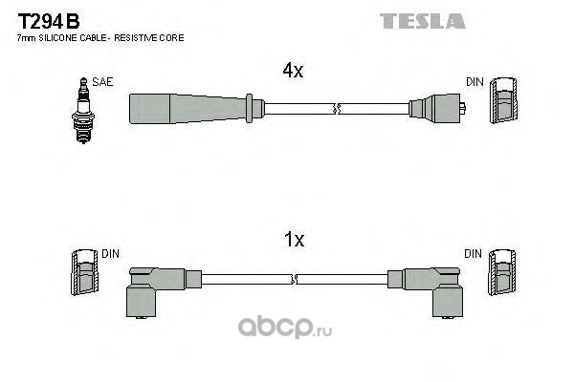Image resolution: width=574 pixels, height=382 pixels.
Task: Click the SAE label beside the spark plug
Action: pos(102,83)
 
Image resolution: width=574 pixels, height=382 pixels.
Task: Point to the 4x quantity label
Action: pos(292,70)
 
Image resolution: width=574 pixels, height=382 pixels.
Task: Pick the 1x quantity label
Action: pos(293,241)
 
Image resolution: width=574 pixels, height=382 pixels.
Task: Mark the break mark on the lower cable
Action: pos(294,278)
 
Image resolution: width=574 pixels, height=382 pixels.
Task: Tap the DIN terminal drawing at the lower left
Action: pos(84,276)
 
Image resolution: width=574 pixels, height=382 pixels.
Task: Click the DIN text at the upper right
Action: pos(474,83)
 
